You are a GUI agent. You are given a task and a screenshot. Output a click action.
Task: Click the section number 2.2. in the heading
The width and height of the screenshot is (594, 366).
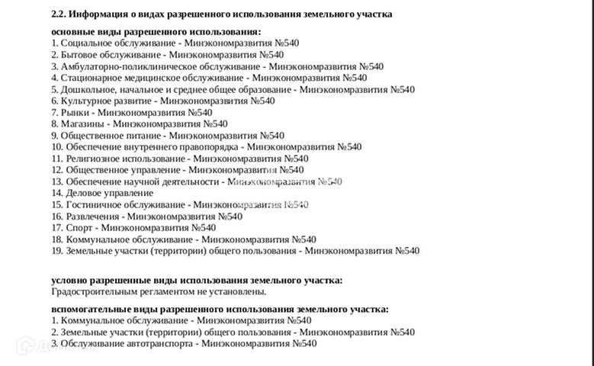coord(59,14)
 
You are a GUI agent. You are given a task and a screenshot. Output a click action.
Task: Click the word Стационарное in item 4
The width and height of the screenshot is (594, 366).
coord(94,78)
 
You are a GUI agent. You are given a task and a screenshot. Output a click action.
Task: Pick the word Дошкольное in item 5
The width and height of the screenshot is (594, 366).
coord(90,89)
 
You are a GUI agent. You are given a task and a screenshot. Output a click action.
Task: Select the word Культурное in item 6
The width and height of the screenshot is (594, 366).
coord(87,101)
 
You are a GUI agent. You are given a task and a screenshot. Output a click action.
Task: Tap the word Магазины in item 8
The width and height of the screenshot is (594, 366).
coord(82,124)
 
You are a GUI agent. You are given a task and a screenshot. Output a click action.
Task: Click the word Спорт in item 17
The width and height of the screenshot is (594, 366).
coord(79,227)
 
